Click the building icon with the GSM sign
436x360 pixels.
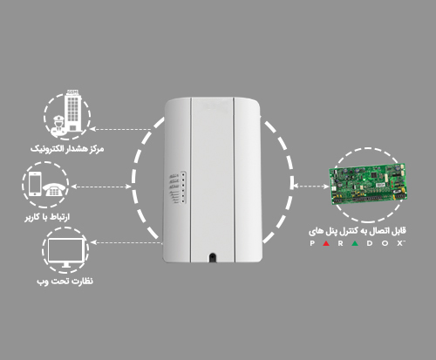[x=73, y=111]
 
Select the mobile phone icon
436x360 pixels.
[x=35, y=184]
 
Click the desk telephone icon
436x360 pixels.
[x=53, y=189]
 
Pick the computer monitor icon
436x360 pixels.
[x=65, y=253]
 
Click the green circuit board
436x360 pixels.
[x=368, y=184]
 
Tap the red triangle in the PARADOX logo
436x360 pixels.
[x=326, y=243]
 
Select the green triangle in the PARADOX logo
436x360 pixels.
[x=355, y=243]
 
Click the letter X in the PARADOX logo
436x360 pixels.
[x=400, y=243]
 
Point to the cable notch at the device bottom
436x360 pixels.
[x=213, y=258]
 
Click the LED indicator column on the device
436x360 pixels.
[x=183, y=187]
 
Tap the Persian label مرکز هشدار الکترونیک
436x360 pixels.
[x=67, y=149]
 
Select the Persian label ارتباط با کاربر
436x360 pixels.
[x=47, y=217]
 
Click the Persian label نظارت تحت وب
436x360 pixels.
[x=65, y=282]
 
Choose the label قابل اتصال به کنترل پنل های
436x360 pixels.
[x=358, y=231]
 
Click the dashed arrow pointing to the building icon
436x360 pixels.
[x=120, y=129]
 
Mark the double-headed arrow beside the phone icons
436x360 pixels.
[x=101, y=187]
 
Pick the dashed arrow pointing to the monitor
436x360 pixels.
[x=126, y=242]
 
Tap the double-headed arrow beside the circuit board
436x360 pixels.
[x=310, y=186]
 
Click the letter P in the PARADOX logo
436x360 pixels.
[x=312, y=243]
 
